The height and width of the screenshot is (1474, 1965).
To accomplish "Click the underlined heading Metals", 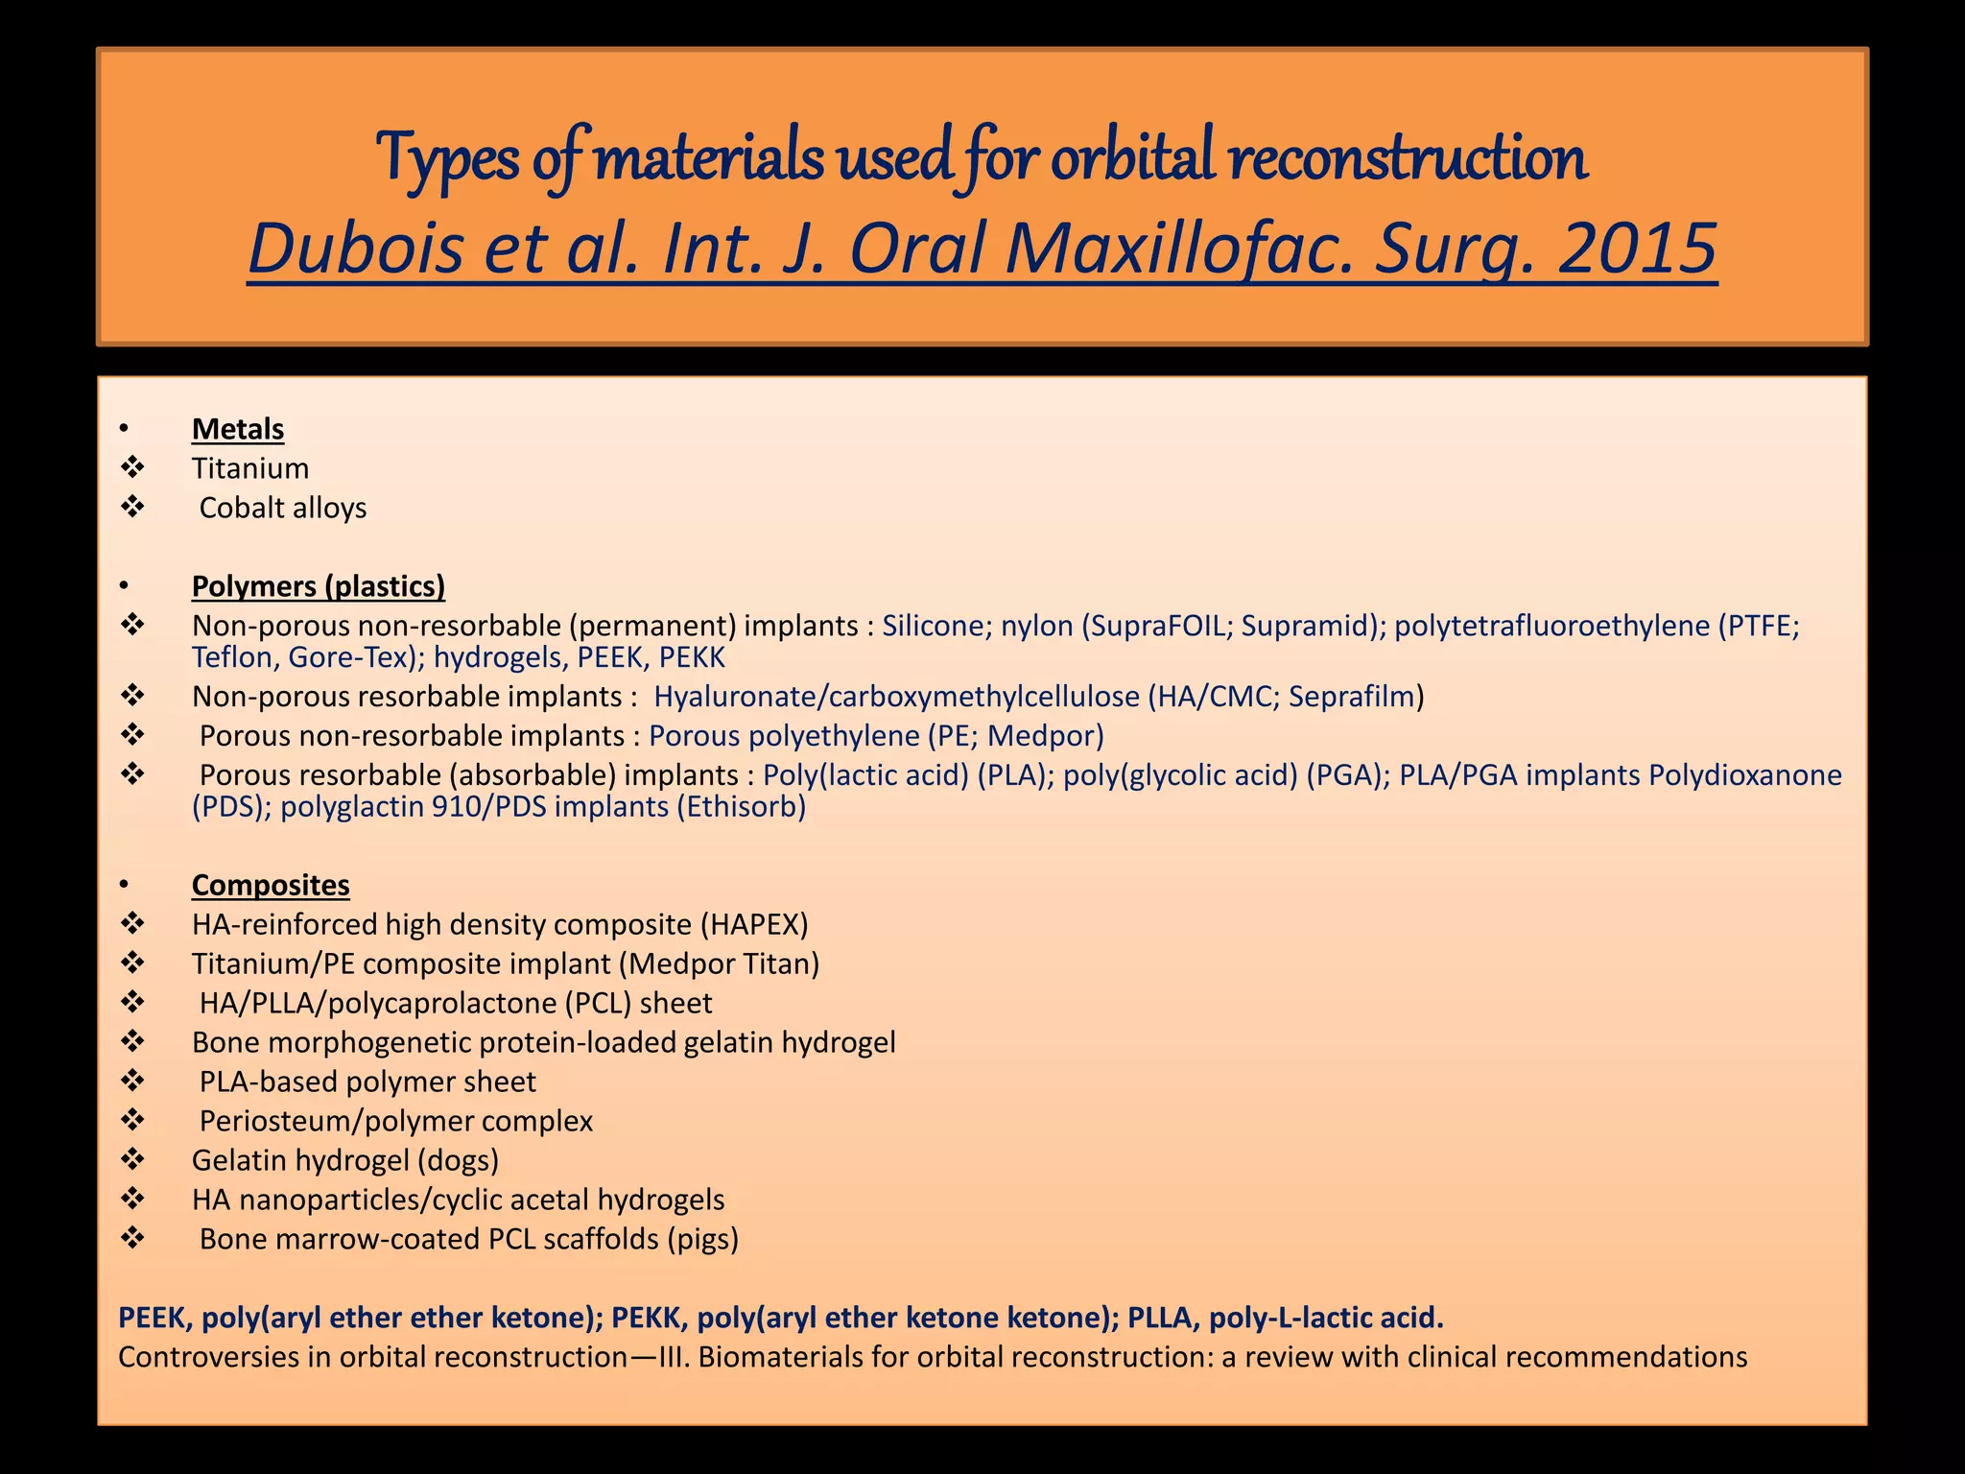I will [237, 429].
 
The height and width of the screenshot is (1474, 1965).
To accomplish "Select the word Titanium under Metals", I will [249, 468].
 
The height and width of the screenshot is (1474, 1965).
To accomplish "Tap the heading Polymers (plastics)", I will [318, 586].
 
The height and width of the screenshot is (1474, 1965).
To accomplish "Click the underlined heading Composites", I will [271, 885].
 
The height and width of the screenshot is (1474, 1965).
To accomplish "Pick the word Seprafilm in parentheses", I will [1352, 696].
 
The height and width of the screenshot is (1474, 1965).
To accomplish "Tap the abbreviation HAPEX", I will [754, 924].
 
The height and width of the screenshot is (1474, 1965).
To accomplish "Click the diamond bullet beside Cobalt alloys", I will [132, 507].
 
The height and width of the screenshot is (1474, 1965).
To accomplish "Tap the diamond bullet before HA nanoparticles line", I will [132, 1199].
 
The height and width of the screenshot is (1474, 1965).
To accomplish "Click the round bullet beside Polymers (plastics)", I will [124, 586].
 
